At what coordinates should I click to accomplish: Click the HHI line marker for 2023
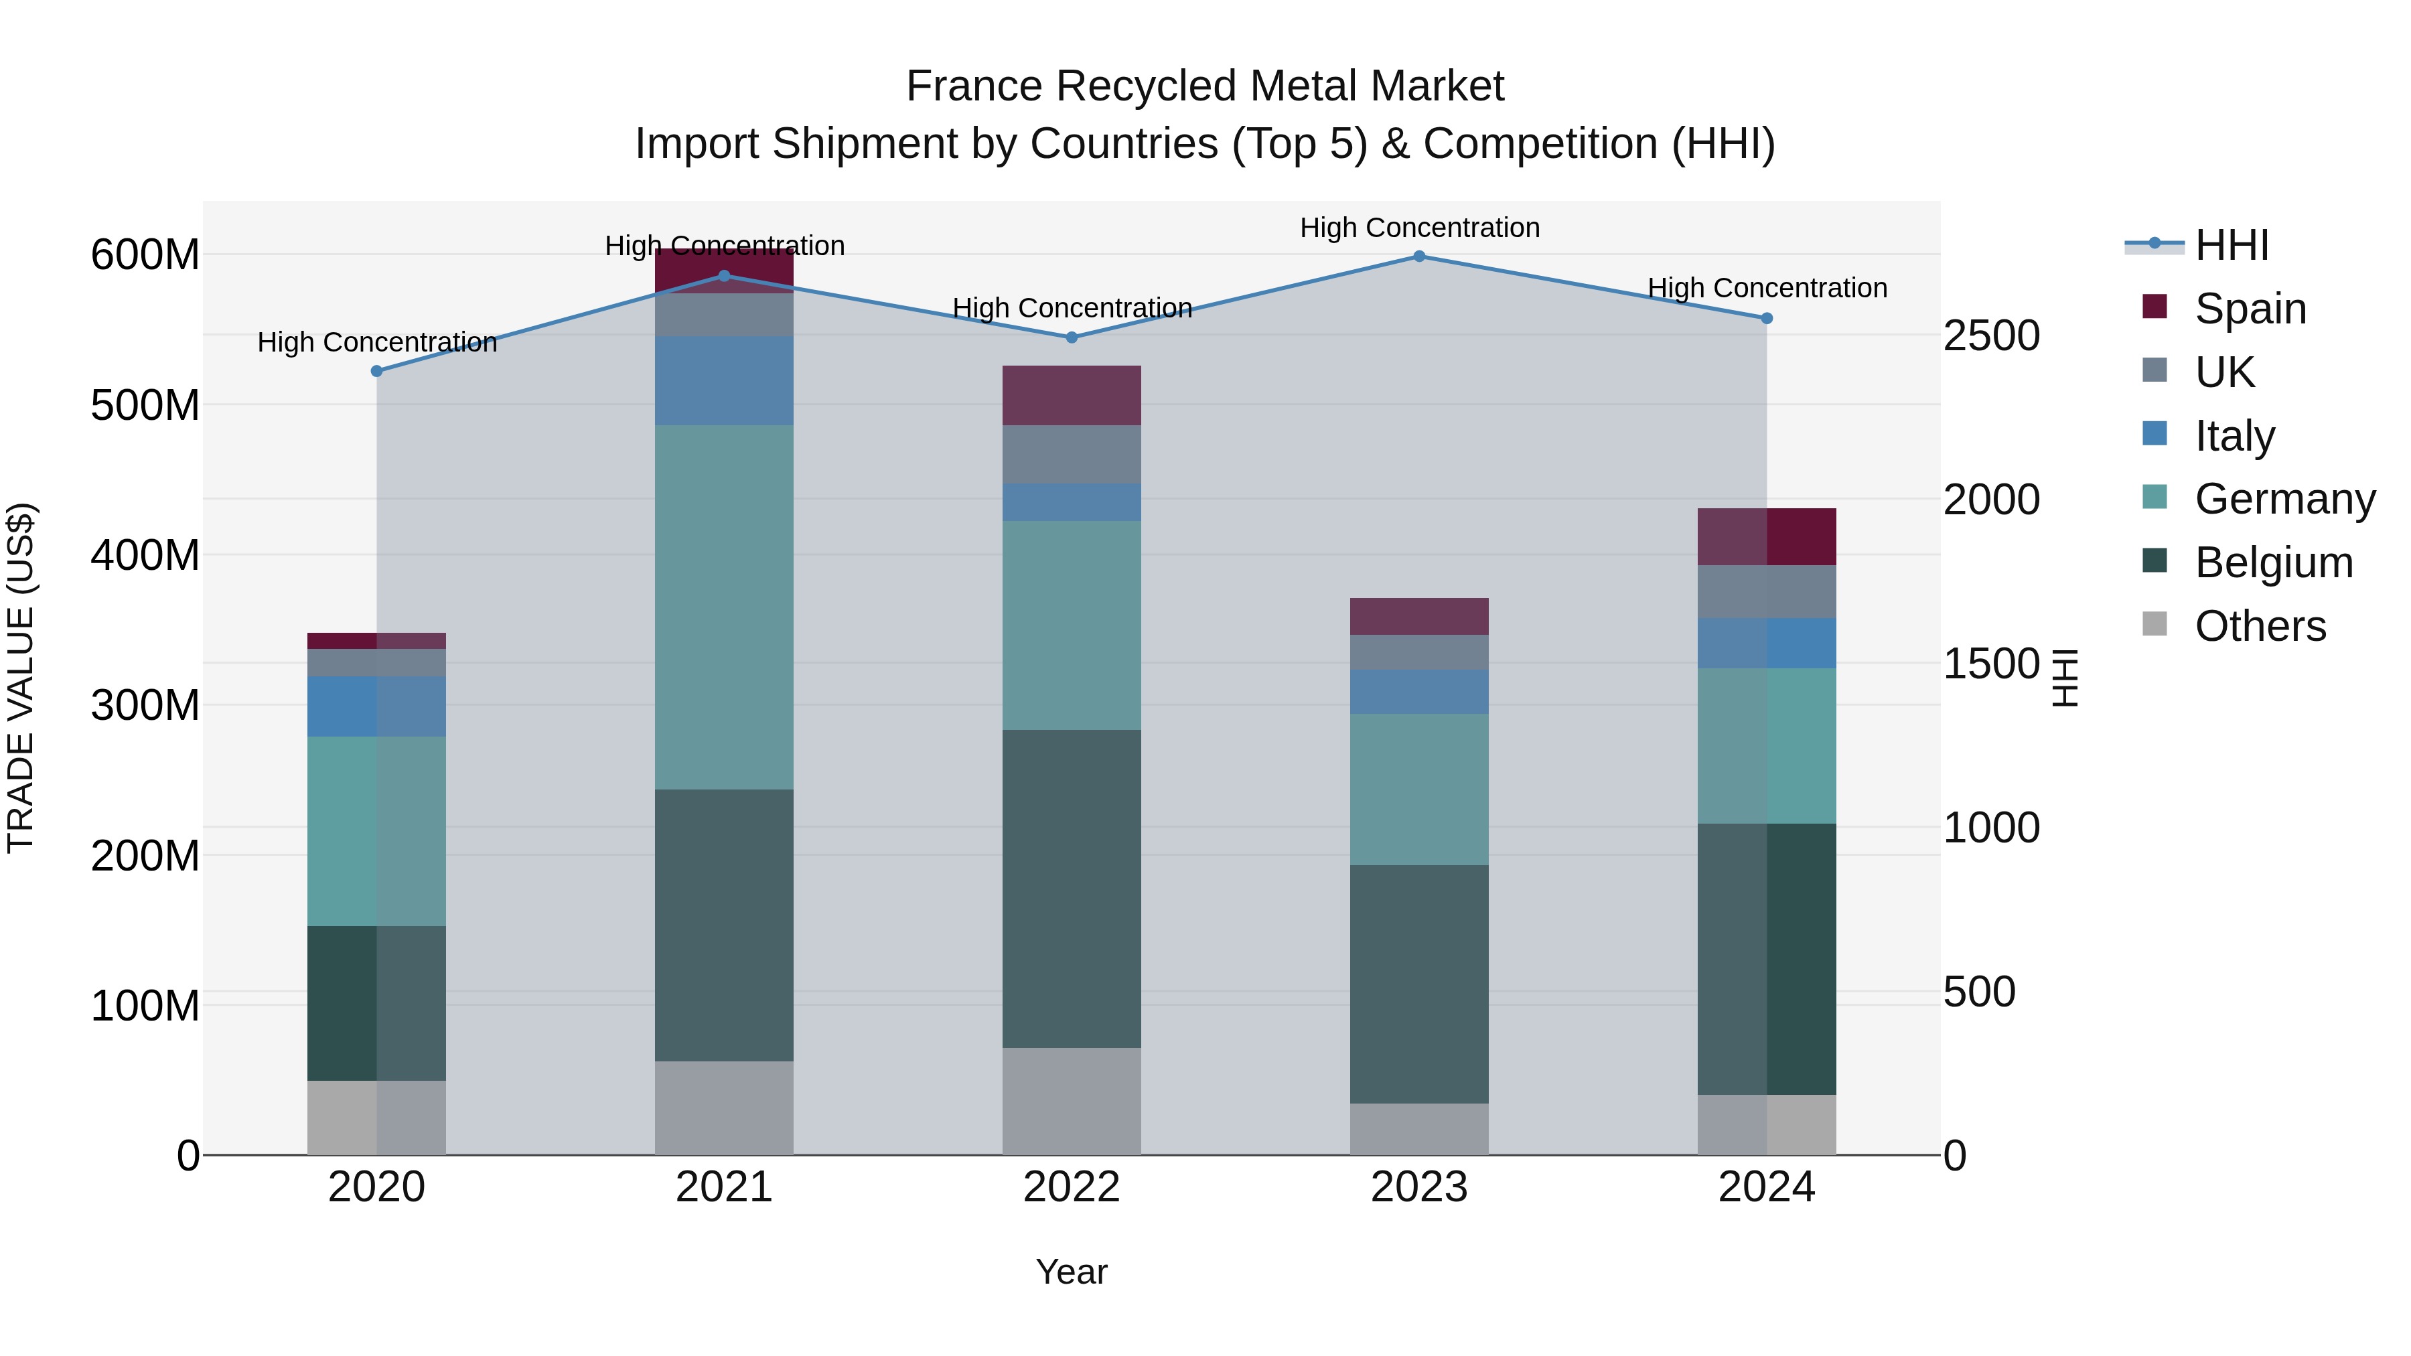(x=1419, y=256)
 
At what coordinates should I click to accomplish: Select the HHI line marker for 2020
(x=376, y=372)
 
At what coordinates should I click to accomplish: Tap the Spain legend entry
(x=2250, y=309)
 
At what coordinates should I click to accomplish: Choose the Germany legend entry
(x=2284, y=499)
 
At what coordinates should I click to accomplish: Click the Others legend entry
(x=2260, y=626)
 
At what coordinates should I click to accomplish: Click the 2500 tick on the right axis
(x=1991, y=336)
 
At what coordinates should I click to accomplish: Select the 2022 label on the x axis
(x=1071, y=1187)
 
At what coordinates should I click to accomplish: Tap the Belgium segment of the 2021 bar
(x=723, y=925)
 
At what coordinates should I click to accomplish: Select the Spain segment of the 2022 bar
(x=1071, y=395)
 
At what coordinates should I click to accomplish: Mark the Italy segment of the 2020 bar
(x=376, y=706)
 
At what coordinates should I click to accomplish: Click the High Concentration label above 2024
(x=1766, y=288)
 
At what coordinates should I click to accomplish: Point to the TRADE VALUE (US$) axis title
(x=21, y=678)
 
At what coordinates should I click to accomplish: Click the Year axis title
(x=1071, y=1272)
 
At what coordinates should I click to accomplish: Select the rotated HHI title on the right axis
(x=2064, y=678)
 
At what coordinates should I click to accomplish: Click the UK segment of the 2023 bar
(x=1419, y=652)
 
